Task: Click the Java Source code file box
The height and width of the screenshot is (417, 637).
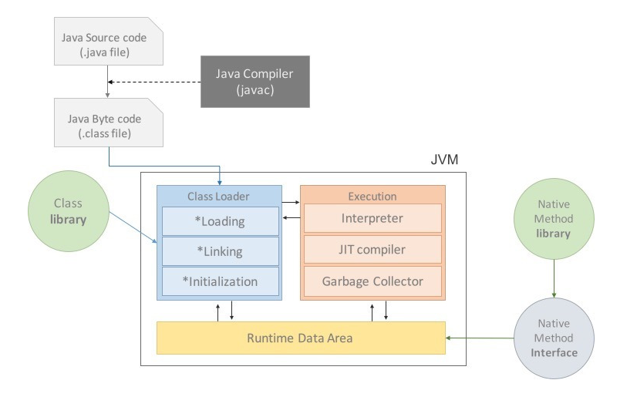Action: tap(109, 45)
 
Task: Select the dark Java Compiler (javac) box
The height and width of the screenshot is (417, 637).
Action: tap(254, 81)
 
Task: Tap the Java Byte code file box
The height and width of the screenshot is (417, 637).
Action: tap(109, 126)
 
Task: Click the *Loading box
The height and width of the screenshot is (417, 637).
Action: tap(220, 221)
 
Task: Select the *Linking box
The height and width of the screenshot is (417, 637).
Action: tap(220, 251)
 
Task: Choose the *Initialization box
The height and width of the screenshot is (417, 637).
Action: tap(220, 281)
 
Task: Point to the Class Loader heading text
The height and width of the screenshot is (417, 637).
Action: tap(219, 197)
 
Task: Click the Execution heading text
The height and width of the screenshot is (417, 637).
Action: tap(372, 197)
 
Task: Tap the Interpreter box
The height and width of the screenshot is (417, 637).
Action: tap(372, 218)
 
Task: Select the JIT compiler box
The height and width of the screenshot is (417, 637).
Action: tap(372, 250)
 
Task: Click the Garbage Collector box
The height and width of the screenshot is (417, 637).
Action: tap(372, 281)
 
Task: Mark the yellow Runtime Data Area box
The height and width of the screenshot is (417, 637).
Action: tap(301, 338)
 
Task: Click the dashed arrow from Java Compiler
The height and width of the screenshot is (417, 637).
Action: tap(154, 81)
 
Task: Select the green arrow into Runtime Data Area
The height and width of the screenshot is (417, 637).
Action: tap(480, 338)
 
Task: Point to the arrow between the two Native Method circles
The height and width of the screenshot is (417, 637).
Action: tap(554, 279)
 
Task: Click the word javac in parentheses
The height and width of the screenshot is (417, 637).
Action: tap(254, 90)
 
